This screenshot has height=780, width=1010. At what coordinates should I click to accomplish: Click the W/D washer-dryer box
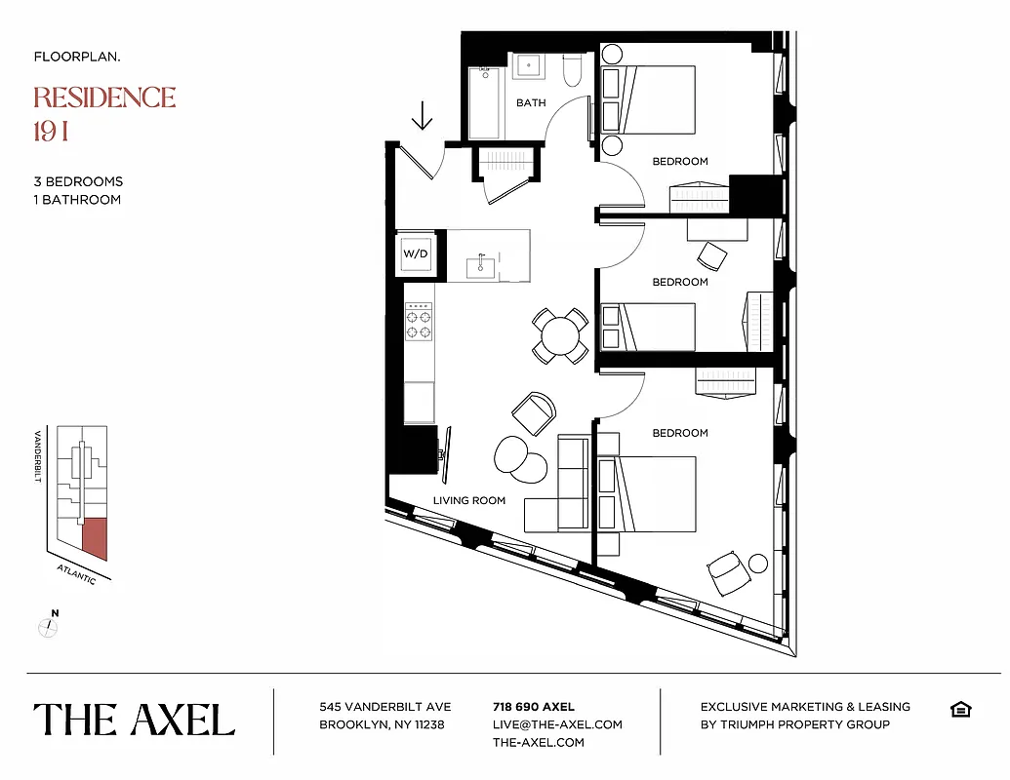tap(416, 254)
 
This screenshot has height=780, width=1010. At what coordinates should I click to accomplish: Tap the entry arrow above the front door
tap(422, 116)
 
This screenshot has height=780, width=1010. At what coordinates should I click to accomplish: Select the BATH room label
tap(531, 102)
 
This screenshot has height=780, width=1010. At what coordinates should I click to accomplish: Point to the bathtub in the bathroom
tap(485, 102)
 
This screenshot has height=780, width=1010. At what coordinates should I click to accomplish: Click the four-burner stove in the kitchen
tap(420, 324)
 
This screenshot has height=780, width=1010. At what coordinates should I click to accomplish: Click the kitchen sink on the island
tap(481, 265)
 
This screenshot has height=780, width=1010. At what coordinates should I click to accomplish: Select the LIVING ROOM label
tap(469, 500)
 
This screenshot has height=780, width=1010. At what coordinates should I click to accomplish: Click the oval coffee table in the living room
tap(521, 458)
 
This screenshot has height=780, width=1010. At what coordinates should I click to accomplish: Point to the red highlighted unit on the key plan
tap(95, 538)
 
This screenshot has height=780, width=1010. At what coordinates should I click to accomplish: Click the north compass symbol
tap(47, 626)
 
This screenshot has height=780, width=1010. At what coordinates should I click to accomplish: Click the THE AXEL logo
tap(135, 720)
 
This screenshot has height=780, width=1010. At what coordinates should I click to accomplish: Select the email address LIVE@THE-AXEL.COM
tap(557, 724)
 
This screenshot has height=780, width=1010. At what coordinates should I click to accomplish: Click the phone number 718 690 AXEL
tap(534, 707)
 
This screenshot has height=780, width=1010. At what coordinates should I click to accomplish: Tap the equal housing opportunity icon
tap(960, 709)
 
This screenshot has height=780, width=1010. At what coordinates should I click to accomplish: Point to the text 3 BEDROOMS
tap(78, 181)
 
